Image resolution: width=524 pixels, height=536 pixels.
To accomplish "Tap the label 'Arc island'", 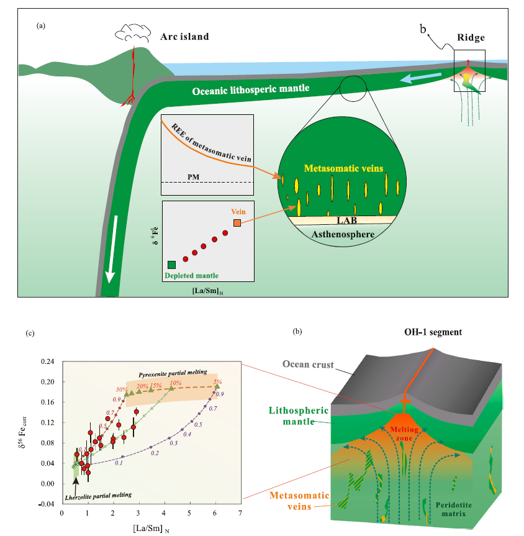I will coord(184,37).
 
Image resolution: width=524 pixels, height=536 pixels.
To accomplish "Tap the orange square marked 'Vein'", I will coord(237,222).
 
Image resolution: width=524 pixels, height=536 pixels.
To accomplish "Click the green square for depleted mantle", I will coord(171,265).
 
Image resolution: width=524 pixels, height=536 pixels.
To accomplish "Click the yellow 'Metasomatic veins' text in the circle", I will coord(338,168).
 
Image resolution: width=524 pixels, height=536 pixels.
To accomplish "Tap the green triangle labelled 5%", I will coord(217,387).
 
